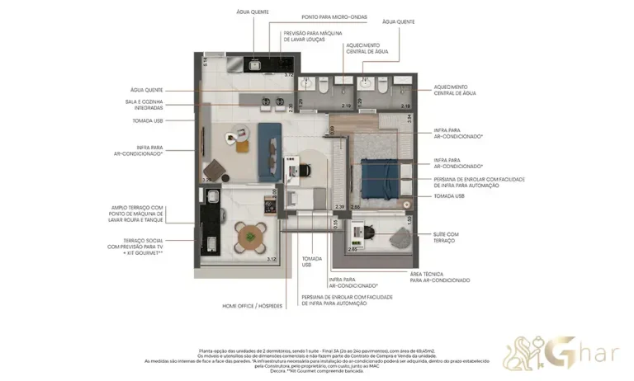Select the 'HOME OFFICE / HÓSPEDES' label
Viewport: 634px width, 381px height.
tap(253, 306)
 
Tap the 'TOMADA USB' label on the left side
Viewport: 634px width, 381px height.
tap(147, 120)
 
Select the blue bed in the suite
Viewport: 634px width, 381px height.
tap(379, 177)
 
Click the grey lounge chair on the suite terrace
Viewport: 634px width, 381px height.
tap(399, 235)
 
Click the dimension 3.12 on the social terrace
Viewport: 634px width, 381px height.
tap(272, 259)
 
